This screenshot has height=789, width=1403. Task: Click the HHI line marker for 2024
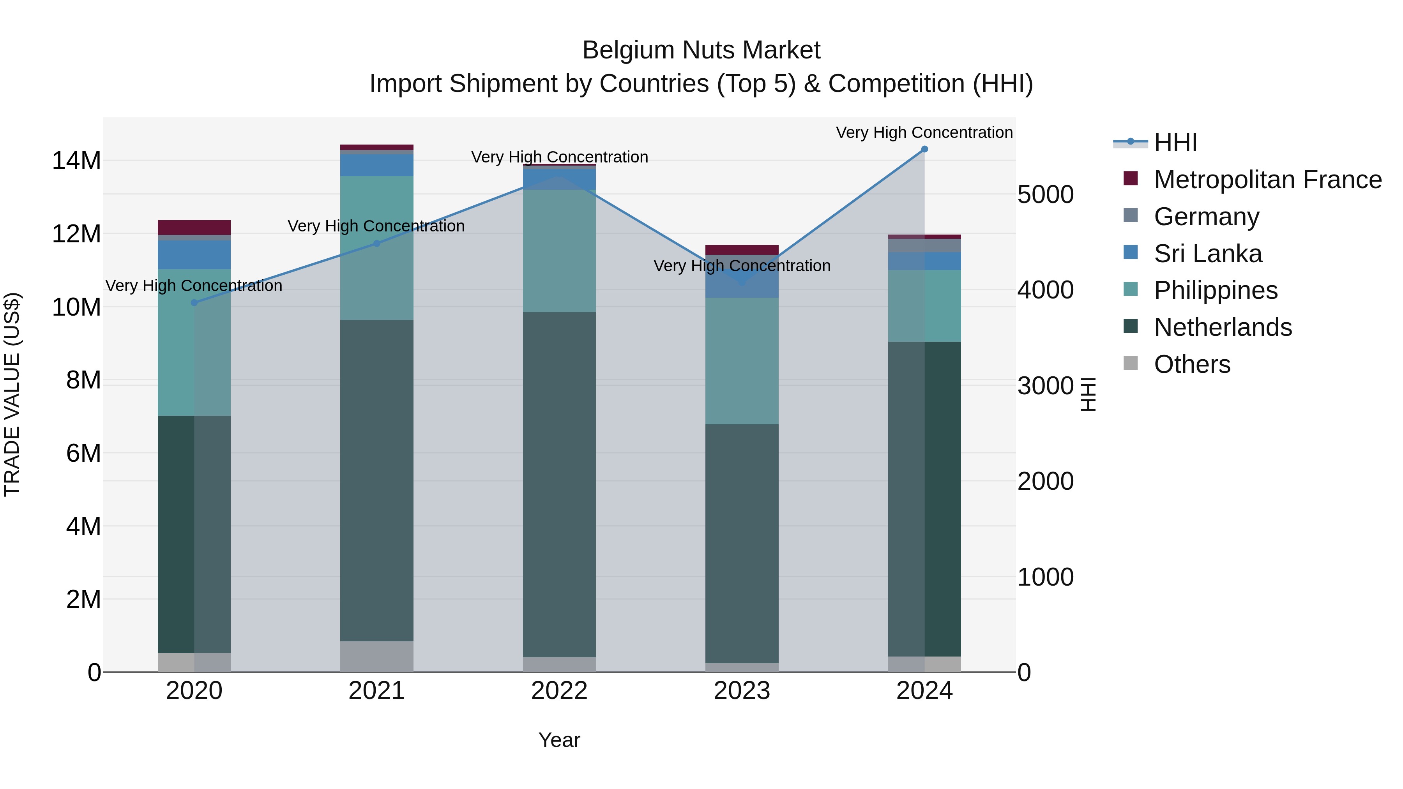[x=924, y=149]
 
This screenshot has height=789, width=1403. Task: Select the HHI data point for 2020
[x=194, y=303]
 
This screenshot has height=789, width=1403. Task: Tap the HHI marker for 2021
[x=376, y=244]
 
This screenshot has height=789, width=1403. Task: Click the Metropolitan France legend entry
[x=1267, y=180]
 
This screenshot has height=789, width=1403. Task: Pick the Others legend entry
[x=1192, y=364]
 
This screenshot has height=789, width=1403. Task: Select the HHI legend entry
[x=1175, y=143]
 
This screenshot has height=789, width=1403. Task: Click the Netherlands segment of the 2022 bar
[x=559, y=485]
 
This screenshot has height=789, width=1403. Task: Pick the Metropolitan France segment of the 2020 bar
[x=194, y=227]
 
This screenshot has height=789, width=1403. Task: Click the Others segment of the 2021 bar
[x=376, y=656]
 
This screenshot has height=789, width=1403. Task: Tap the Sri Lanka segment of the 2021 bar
[x=376, y=165]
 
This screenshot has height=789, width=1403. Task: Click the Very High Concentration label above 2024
[x=924, y=132]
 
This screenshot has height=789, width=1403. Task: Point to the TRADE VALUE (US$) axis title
[x=12, y=394]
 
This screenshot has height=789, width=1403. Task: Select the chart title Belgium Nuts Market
[x=701, y=50]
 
